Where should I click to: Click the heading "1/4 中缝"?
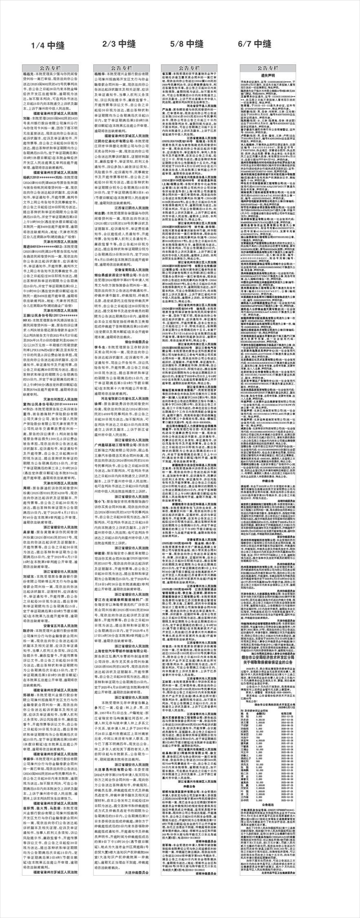(48, 46)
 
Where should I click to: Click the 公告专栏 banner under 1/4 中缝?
(50, 68)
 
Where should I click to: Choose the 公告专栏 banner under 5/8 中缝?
(189, 68)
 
